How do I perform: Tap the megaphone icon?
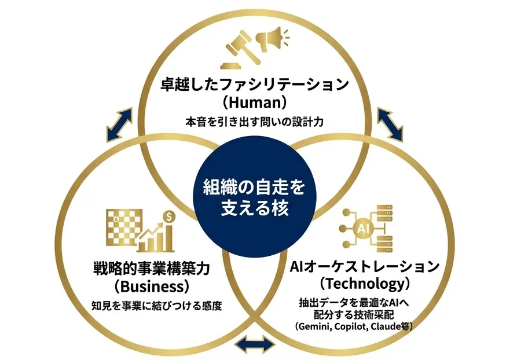(x=273, y=39)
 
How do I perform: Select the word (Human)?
(x=254, y=102)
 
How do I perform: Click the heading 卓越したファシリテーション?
(x=255, y=84)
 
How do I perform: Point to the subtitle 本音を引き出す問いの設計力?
(x=254, y=122)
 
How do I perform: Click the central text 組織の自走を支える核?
(x=254, y=197)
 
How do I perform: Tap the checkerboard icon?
(x=124, y=227)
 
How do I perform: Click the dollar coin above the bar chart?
(x=169, y=216)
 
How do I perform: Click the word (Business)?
(x=152, y=286)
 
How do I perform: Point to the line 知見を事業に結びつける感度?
(x=157, y=306)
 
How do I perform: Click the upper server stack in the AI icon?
(x=384, y=213)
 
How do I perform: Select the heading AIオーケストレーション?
(x=365, y=267)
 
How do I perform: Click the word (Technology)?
(x=365, y=284)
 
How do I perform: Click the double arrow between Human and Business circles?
(x=119, y=125)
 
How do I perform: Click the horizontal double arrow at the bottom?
(x=255, y=345)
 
